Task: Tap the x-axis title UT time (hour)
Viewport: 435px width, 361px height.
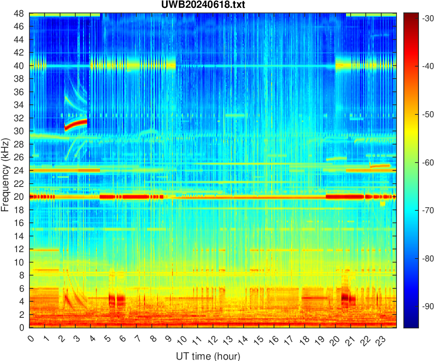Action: click(208, 356)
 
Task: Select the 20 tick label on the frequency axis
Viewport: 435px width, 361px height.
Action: click(20, 197)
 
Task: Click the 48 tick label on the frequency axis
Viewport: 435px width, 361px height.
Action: click(20, 13)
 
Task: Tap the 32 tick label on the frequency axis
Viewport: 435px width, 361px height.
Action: click(20, 118)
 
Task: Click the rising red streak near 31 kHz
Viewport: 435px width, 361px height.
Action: click(76, 124)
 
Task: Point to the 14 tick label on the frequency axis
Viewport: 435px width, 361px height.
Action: click(20, 236)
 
